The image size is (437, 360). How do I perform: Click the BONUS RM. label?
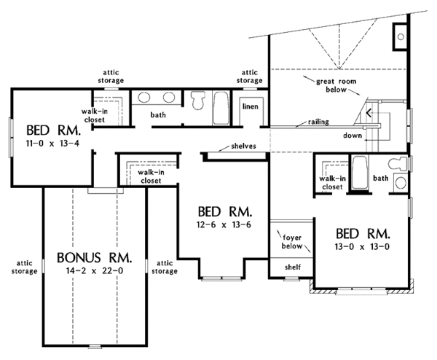tap(95, 257)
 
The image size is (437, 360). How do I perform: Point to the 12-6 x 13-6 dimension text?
tap(225, 224)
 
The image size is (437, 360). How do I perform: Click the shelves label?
tap(242, 146)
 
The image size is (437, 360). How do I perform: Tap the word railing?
tap(320, 122)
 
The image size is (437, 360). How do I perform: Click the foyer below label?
tap(293, 241)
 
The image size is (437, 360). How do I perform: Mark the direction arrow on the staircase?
tap(369, 113)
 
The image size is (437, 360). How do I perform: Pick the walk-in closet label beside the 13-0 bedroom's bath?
tap(332, 182)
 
